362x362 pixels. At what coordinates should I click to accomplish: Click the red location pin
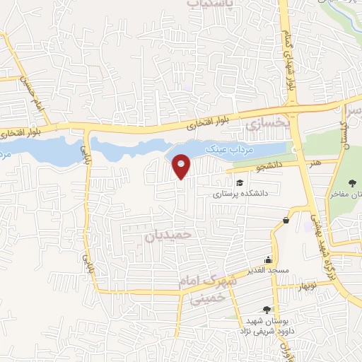[x=182, y=165]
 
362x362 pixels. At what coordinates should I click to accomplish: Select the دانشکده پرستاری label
[x=240, y=192]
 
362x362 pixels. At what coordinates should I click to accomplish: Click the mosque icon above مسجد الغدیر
[x=267, y=259]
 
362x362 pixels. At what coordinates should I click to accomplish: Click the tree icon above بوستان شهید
[x=267, y=309]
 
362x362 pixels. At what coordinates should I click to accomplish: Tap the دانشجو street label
[x=250, y=168]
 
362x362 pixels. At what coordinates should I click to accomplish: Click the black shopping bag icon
[x=285, y=221]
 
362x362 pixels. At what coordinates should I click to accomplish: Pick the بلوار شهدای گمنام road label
[x=288, y=61]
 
